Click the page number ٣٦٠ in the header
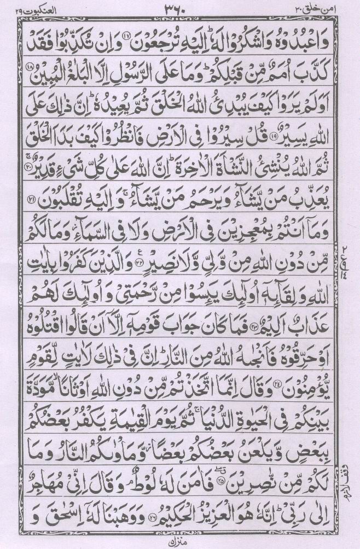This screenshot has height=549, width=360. click(x=180, y=8)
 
